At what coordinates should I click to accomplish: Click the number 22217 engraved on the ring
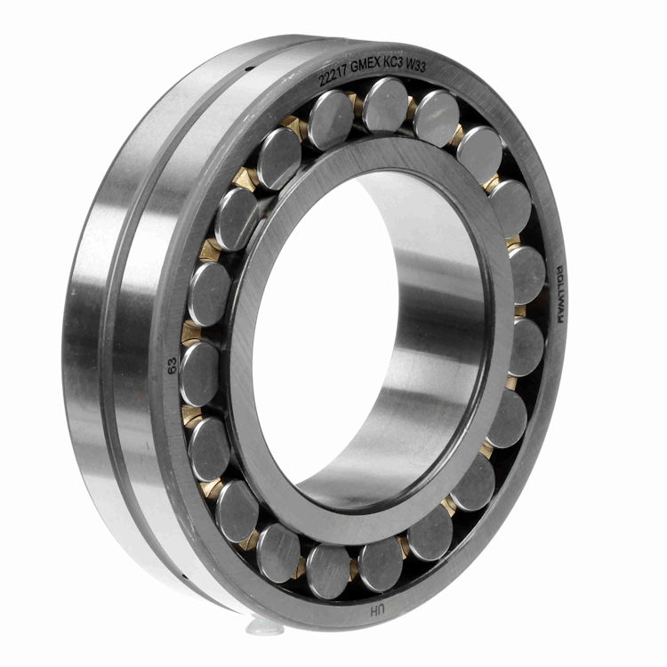[335, 76]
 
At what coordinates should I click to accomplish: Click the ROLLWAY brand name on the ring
[560, 291]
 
